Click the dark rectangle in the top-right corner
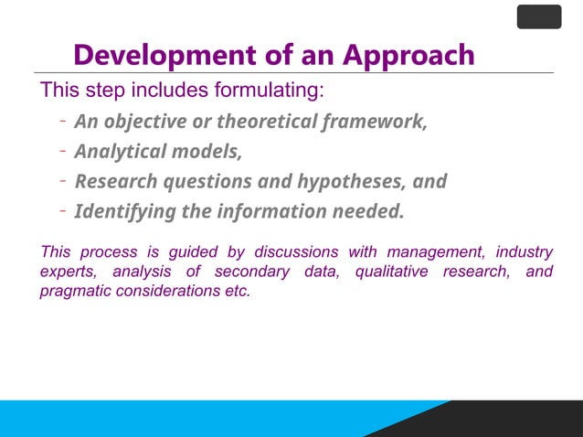coord(539,16)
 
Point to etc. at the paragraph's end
coord(236,293)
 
